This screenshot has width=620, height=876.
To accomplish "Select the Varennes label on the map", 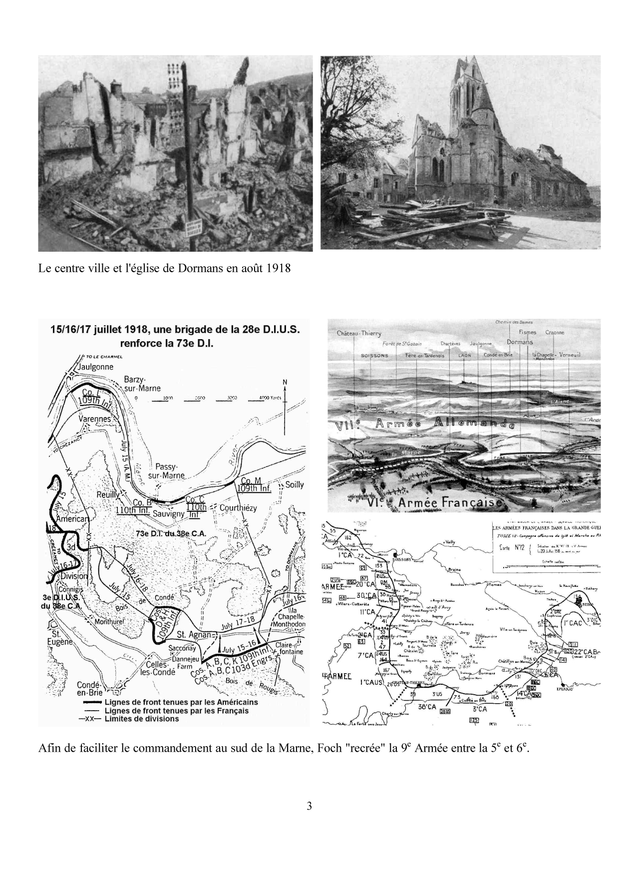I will coord(95,419).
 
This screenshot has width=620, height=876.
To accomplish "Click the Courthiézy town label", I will coord(238,508).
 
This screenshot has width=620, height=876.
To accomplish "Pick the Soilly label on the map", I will coord(294,485).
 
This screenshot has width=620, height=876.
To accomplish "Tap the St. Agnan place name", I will coord(195,635).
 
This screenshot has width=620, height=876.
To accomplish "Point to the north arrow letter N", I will coord(285,383).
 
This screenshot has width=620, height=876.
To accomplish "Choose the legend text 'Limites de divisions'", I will coord(142,719).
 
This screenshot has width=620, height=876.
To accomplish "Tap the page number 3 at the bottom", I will coord(310,820).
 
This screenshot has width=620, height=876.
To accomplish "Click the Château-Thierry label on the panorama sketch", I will coord(358,333).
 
